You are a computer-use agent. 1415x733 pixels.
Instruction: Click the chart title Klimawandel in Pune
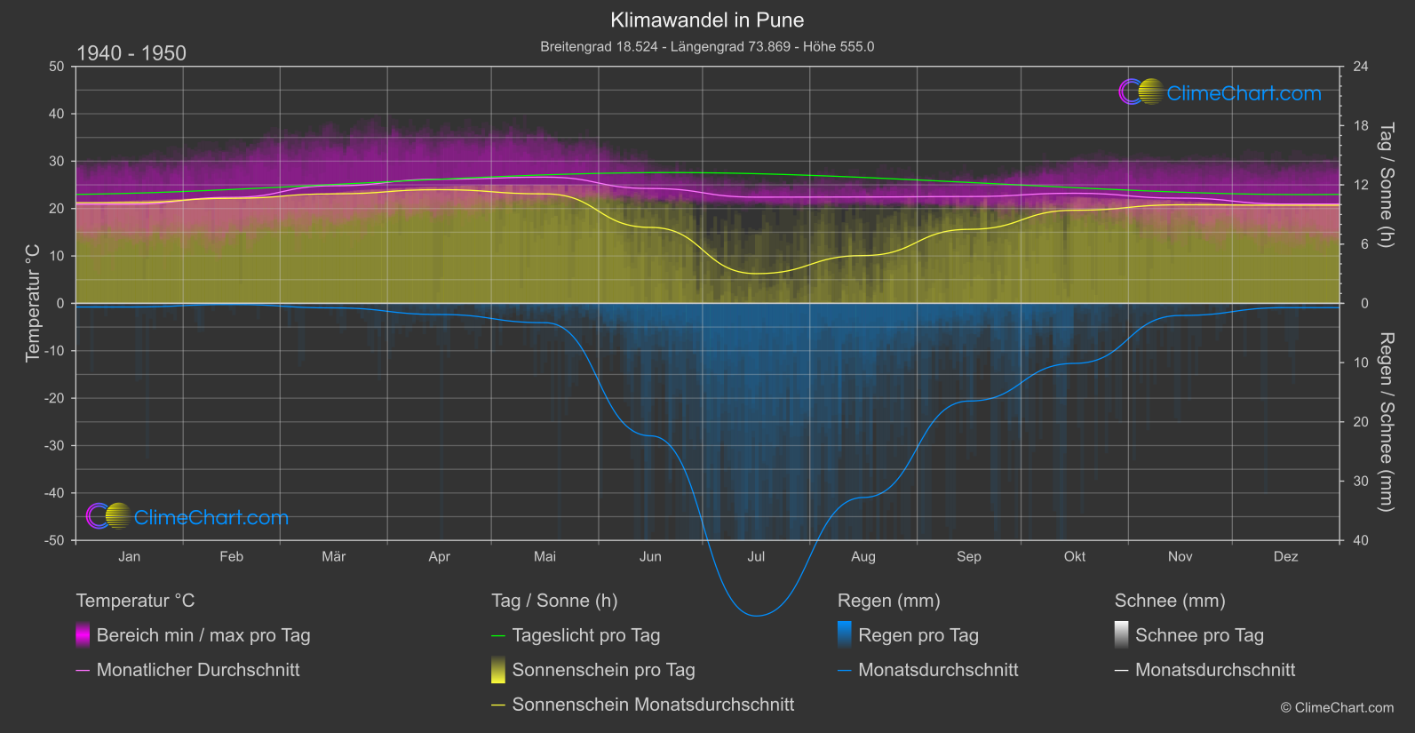tap(707, 20)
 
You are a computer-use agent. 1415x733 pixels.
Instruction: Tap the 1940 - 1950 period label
tap(131, 53)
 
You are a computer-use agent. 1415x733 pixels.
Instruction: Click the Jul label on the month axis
tap(756, 557)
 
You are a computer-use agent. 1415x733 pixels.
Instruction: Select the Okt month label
tap(1075, 557)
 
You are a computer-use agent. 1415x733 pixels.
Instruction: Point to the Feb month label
tap(231, 557)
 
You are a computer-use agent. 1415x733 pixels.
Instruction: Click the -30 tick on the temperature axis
tap(56, 446)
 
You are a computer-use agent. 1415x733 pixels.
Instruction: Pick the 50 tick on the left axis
tap(57, 67)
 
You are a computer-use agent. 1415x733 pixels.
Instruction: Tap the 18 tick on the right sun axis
tap(1361, 126)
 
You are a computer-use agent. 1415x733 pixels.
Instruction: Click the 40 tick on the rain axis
tap(1361, 540)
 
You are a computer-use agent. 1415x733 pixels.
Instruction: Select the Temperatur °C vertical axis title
tap(33, 304)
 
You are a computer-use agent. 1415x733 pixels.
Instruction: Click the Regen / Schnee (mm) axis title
tap(1386, 422)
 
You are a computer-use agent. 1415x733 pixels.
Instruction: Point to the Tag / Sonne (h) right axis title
tap(1386, 186)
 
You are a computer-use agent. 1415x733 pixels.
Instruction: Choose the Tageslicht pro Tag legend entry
tap(586, 635)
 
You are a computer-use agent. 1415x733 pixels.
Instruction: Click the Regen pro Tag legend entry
tap(918, 635)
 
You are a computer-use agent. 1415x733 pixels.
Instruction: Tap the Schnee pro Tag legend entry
tap(1199, 635)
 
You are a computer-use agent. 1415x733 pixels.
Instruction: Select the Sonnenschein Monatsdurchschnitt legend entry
tap(653, 705)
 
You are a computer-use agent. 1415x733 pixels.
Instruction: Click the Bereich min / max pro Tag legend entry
tap(203, 635)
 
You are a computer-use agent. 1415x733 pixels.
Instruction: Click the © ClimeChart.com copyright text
tap(1337, 708)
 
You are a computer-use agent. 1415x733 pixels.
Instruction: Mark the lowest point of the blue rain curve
tap(756, 615)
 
